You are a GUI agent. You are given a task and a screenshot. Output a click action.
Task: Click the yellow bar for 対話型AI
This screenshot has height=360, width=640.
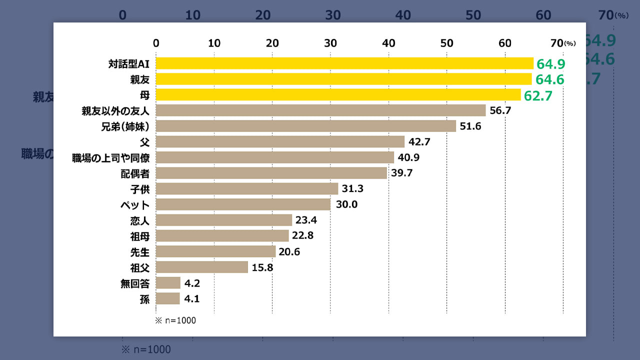click(344, 63)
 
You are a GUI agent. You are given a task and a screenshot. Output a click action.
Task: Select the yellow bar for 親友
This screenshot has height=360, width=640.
click(343, 79)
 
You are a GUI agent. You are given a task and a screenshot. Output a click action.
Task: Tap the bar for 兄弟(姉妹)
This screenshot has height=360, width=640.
click(306, 126)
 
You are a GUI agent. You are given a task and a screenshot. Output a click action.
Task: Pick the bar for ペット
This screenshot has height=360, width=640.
click(243, 204)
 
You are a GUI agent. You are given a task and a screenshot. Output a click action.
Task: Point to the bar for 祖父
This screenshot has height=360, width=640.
click(202, 267)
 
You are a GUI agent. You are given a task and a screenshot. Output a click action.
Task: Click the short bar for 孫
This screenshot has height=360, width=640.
click(168, 298)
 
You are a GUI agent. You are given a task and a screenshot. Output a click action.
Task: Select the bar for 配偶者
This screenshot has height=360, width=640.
click(271, 173)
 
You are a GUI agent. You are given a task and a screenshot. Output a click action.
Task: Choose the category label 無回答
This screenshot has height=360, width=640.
click(135, 283)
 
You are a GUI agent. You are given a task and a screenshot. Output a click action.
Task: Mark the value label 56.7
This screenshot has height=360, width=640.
click(500, 110)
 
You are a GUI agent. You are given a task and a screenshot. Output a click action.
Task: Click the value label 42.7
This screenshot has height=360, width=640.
click(419, 142)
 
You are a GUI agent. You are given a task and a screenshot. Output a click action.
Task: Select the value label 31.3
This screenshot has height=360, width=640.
click(352, 189)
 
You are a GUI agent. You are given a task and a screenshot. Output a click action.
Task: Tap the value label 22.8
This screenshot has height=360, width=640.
click(303, 235)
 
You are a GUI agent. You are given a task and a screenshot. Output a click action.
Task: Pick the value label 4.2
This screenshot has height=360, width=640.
click(193, 283)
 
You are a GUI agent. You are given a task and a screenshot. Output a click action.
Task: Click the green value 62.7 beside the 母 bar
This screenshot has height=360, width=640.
click(538, 95)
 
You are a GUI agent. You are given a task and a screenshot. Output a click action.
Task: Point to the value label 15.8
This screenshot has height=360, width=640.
click(262, 267)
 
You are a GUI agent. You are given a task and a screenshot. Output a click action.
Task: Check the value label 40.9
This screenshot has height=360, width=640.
click(408, 157)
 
